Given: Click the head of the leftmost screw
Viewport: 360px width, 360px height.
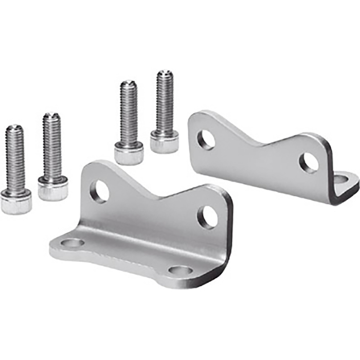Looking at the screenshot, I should pyautogui.click(x=16, y=201).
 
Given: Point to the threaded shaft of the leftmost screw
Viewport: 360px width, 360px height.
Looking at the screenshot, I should pyautogui.click(x=16, y=157).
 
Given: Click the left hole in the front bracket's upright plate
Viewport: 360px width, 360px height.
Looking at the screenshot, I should pyautogui.click(x=100, y=191).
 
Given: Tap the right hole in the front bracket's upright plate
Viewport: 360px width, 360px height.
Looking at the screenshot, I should pyautogui.click(x=207, y=217).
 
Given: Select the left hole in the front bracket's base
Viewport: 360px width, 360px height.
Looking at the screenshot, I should pyautogui.click(x=73, y=242).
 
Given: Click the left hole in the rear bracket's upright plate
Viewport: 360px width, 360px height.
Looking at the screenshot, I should pyautogui.click(x=207, y=140).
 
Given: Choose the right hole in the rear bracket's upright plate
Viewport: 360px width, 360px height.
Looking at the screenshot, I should pyautogui.click(x=309, y=163).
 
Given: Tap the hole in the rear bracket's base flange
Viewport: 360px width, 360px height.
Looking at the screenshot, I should pyautogui.click(x=342, y=179).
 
